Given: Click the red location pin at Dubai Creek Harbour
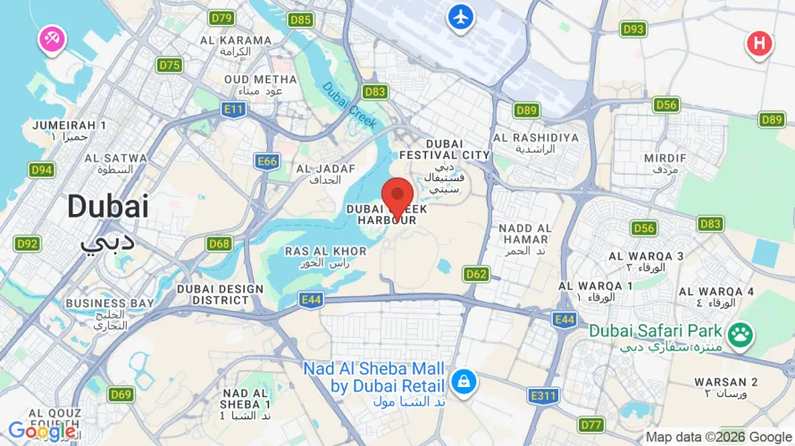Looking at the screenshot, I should (397, 195).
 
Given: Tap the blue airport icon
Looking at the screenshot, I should (461, 16).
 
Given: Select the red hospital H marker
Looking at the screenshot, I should (759, 42).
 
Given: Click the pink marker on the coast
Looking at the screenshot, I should (50, 38).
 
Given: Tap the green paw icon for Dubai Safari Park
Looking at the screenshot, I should (740, 335).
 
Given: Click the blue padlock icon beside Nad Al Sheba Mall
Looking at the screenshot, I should (463, 382).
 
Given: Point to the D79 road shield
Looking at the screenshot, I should (222, 18).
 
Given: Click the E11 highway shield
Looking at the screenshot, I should (234, 109).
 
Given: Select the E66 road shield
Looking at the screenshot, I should (267, 161).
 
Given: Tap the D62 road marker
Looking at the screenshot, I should (476, 274).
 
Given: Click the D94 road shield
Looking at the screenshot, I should (41, 169).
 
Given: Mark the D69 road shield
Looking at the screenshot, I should (121, 393).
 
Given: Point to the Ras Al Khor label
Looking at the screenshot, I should (325, 257).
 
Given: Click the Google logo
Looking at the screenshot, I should (41, 432).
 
